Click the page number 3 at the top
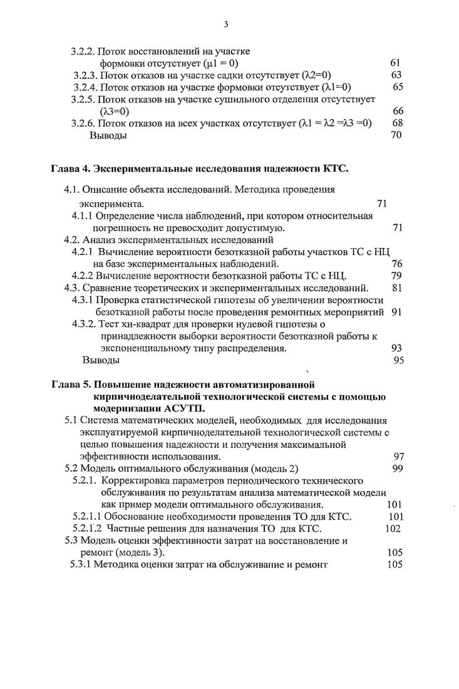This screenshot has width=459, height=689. (x=226, y=25)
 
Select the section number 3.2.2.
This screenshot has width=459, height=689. (x=84, y=52)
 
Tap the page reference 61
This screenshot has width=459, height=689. (x=395, y=63)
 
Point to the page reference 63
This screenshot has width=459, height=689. (x=396, y=75)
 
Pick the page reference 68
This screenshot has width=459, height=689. (x=397, y=123)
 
